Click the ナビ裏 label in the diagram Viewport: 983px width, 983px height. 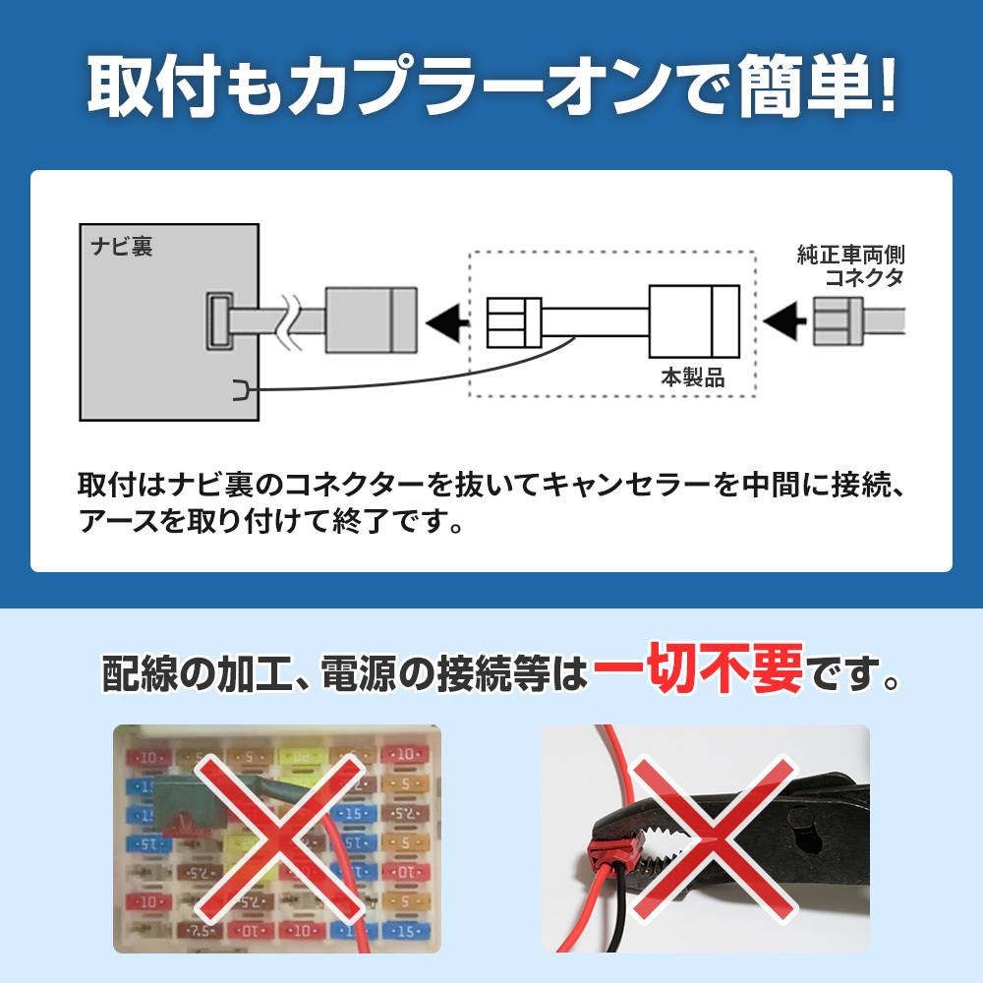click(x=122, y=246)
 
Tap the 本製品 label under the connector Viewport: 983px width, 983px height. click(x=692, y=377)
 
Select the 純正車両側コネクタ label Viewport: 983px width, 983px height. click(x=850, y=265)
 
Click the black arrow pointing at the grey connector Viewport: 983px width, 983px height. click(x=447, y=321)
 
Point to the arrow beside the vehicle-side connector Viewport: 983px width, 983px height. click(x=784, y=321)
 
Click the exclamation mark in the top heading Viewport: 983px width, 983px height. click(x=887, y=85)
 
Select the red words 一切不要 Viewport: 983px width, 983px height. click(x=698, y=668)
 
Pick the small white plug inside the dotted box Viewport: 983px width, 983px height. click(x=514, y=322)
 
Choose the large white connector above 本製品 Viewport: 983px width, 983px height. click(x=694, y=321)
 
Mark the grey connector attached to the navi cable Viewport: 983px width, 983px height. click(x=372, y=320)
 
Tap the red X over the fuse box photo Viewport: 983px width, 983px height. click(x=279, y=838)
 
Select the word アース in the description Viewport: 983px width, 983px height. click(x=119, y=520)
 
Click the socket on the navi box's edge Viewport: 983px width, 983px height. click(x=220, y=321)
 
